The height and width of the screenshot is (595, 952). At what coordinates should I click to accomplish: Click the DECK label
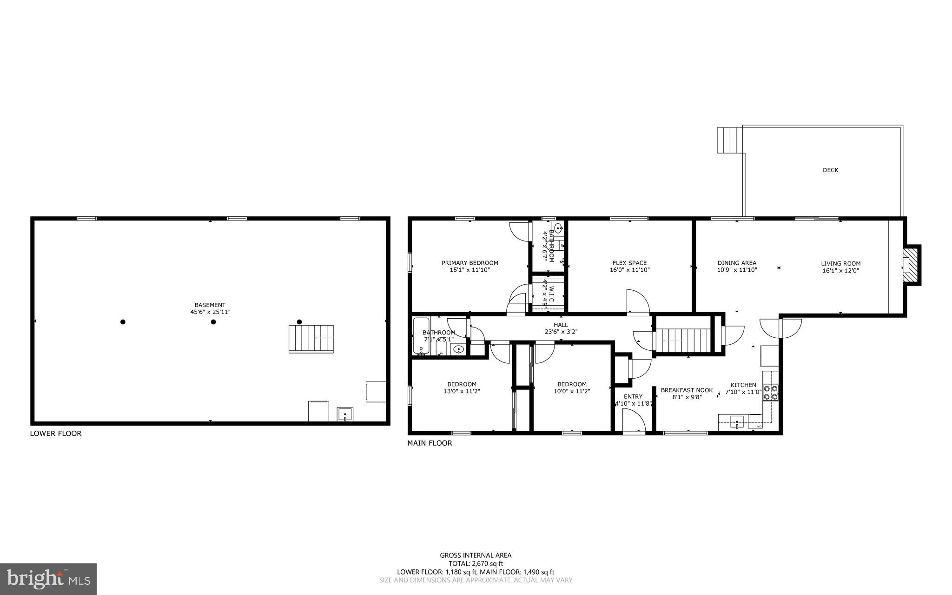point(830,170)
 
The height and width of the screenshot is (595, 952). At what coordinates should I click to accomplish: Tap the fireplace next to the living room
point(911,265)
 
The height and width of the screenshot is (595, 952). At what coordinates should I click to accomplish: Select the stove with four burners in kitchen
point(770,393)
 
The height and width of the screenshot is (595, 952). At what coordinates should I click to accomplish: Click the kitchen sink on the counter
point(737,423)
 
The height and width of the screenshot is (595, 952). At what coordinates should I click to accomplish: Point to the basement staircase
point(311,339)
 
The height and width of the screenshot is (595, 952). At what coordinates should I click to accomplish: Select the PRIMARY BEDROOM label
point(469,263)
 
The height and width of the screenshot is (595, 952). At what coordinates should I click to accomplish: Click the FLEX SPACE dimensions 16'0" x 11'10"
point(629,270)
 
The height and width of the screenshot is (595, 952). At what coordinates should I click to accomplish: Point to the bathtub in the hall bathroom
point(422,336)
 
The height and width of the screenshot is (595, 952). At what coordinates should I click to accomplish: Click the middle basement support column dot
point(213,322)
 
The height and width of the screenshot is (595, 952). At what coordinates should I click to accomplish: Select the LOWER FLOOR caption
point(56,434)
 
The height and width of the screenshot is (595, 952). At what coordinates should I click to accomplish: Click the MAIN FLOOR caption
point(430,443)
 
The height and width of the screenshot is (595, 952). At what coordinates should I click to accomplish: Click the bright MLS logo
point(48,579)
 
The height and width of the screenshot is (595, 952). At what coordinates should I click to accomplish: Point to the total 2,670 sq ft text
point(476,563)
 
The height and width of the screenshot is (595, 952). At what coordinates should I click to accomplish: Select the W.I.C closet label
point(550,294)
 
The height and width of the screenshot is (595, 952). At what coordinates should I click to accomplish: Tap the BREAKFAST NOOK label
point(687,390)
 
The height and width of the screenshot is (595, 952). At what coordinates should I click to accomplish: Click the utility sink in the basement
point(345,414)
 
